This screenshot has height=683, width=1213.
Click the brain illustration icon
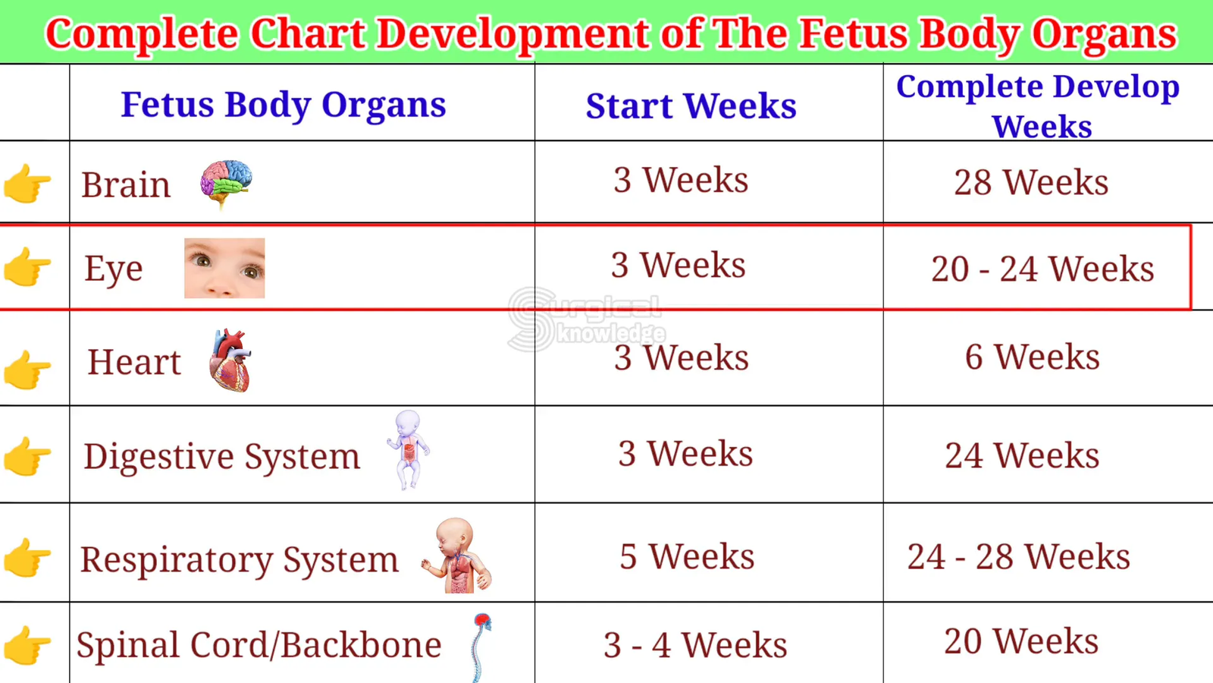227,183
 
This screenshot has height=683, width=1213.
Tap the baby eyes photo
224,268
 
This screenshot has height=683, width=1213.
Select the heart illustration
230,360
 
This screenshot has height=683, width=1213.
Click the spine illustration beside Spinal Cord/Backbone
481,647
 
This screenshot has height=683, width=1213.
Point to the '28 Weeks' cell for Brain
1031,182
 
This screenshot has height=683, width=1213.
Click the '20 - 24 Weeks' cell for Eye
1042,269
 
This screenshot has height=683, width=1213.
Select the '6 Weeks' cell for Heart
1032,357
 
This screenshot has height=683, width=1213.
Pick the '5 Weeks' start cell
687,557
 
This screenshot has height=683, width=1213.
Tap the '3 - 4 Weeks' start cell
695,645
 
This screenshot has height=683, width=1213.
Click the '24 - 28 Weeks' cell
1019,557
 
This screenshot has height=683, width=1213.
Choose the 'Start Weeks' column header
691,105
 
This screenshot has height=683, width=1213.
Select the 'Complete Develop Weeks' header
1038,107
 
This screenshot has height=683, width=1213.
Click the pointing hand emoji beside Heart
27,370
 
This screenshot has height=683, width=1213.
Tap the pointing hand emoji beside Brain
27,183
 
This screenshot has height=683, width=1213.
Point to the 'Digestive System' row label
221,456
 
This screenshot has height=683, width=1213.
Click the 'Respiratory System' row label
240,560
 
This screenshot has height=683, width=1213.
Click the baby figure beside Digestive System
409,450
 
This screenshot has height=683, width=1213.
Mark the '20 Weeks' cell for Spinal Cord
1021,642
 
